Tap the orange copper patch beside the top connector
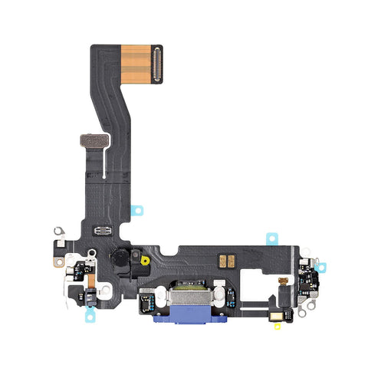137,63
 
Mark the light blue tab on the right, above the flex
271,238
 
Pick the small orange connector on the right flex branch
282,281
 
